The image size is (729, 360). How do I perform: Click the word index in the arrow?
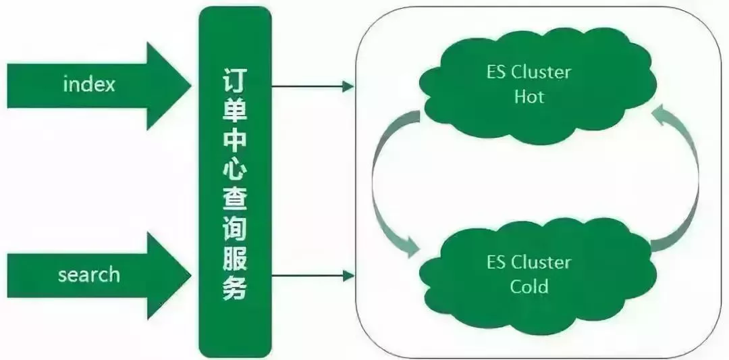tap(88, 85)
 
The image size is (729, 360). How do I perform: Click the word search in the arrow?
tap(88, 275)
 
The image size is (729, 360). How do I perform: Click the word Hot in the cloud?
tap(529, 97)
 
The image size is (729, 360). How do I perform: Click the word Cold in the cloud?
tap(529, 287)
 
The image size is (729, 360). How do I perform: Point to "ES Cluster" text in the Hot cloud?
tap(529, 72)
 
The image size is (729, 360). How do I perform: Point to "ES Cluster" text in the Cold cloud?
tap(529, 263)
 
